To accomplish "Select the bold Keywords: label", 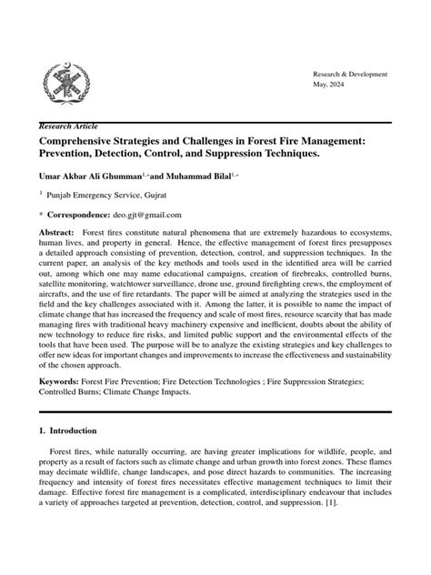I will click(61, 383).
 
